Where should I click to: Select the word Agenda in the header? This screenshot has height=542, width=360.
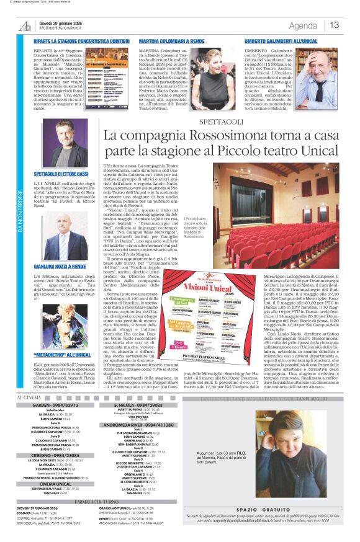click(303, 25)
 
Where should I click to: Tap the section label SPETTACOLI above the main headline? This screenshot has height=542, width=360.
click(221, 122)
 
